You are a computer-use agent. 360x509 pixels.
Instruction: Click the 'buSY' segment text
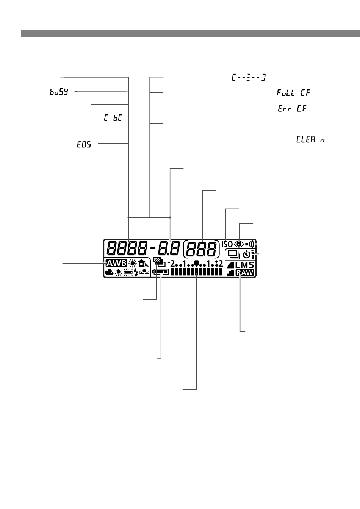click(59, 92)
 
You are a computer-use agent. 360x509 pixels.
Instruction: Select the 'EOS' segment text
click(84, 144)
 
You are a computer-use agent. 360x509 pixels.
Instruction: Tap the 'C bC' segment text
click(113, 118)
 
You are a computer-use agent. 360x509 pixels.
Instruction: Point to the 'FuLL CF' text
click(293, 93)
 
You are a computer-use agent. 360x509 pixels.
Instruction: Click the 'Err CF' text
click(292, 108)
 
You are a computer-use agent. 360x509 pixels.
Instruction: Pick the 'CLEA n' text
click(310, 139)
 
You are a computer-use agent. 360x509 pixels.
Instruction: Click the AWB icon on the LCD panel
click(116, 263)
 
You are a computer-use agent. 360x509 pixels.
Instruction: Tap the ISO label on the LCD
click(227, 244)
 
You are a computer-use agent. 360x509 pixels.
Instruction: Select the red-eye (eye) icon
click(239, 244)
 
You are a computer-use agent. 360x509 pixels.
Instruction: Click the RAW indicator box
click(245, 273)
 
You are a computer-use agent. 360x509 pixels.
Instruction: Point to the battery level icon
click(161, 272)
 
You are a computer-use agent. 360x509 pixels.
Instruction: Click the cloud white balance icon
click(110, 272)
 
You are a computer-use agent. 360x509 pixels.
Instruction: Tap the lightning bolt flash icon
click(136, 272)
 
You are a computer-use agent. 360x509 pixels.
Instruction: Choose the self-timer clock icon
click(247, 254)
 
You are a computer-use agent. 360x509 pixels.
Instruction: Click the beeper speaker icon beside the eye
click(249, 244)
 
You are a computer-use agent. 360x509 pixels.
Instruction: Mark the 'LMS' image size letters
click(244, 265)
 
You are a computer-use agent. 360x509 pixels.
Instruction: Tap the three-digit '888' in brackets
click(201, 248)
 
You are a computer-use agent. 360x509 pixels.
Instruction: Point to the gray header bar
click(190, 34)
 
